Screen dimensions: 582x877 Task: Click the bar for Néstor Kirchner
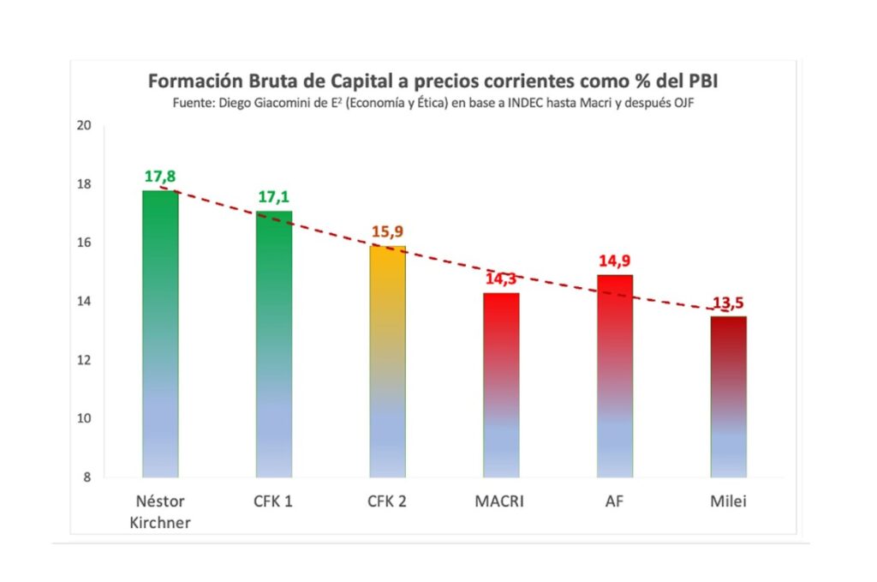pos(160,334)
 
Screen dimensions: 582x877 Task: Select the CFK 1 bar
pos(274,343)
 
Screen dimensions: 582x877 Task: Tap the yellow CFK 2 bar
pos(388,360)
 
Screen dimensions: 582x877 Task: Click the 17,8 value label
pos(160,177)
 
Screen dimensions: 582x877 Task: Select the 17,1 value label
pos(274,198)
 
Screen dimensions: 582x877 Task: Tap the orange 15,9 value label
pos(388,233)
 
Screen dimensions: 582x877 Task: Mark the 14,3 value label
pos(501,279)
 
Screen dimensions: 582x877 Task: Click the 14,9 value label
pos(615,261)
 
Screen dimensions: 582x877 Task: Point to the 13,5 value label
pos(729,303)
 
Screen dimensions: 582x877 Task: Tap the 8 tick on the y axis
pos(87,477)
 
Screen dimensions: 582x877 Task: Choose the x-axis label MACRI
pos(501,501)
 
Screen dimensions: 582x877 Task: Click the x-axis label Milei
pos(728,501)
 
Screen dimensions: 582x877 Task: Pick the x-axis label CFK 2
pos(388,501)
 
